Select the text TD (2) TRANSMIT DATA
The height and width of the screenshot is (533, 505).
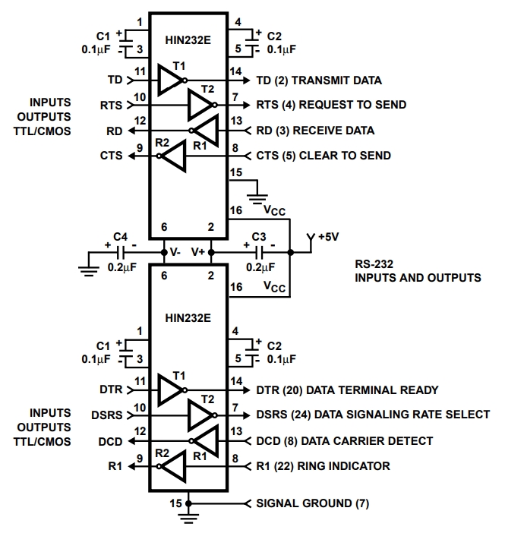317,80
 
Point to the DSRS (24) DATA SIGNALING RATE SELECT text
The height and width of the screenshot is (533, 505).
373,415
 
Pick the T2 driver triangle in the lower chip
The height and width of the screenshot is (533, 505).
200,415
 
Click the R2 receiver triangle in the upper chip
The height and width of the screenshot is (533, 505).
172,156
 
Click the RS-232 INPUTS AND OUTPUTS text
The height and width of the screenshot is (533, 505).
418,271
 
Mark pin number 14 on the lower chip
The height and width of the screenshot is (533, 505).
236,381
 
